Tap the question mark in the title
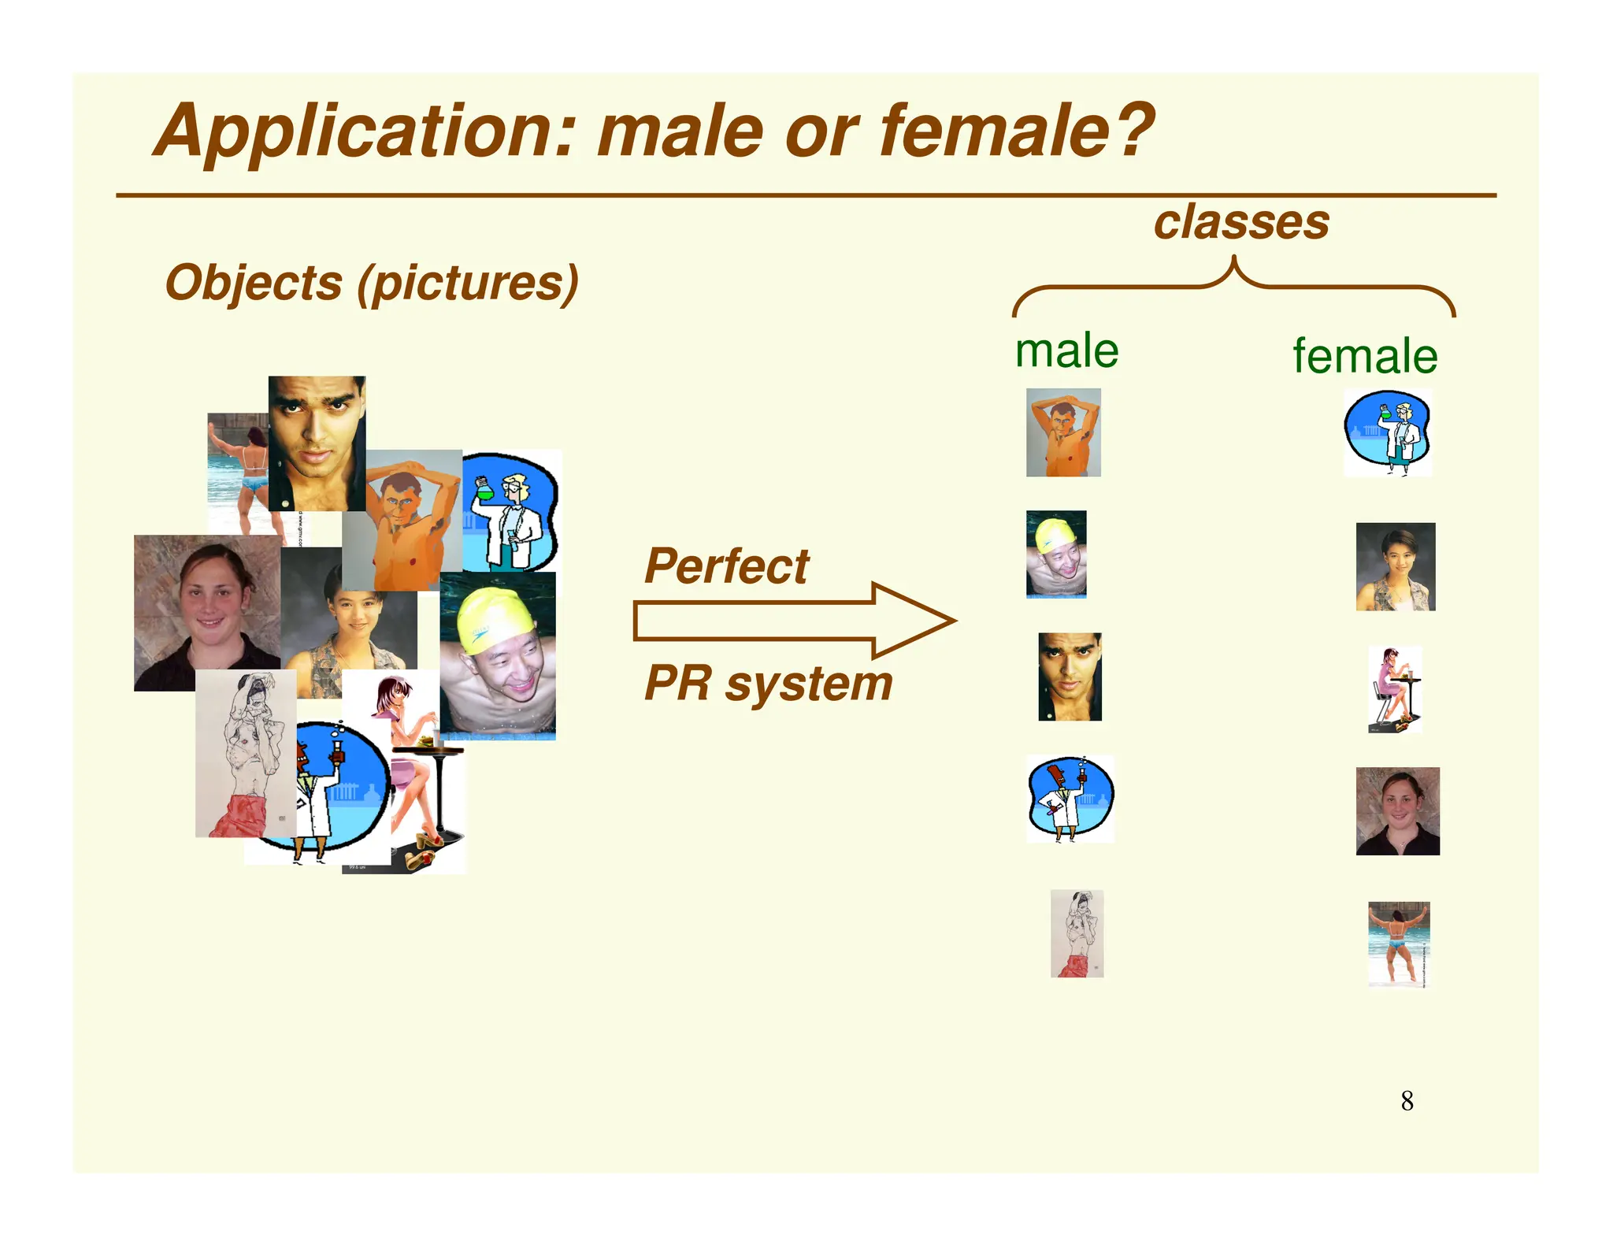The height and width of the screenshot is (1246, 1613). tap(1132, 130)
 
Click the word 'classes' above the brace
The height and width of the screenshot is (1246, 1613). tap(1240, 223)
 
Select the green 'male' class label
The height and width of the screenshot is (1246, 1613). tap(1066, 351)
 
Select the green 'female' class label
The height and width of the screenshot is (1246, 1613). tap(1364, 357)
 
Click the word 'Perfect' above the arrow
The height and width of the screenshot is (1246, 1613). tap(726, 566)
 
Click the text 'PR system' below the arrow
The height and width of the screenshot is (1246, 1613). tap(768, 684)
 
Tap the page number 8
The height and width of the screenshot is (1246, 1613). tap(1407, 1101)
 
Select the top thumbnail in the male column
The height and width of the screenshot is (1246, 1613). tap(1063, 432)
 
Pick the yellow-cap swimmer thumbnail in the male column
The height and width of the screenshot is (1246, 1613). tap(1056, 554)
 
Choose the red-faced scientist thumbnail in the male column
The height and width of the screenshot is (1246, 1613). tap(1070, 799)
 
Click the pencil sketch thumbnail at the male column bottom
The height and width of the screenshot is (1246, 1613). tap(1077, 934)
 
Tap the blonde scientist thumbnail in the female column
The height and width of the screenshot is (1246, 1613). tap(1388, 432)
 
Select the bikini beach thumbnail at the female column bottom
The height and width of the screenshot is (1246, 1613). tap(1399, 944)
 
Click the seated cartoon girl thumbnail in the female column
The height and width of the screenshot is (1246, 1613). tap(1395, 690)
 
